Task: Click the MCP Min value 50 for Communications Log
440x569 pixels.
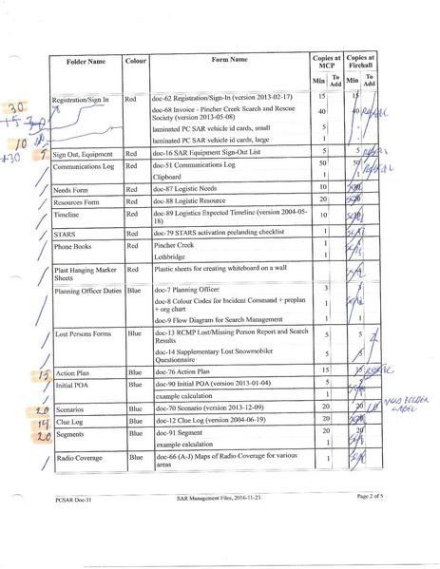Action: [x=322, y=163]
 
